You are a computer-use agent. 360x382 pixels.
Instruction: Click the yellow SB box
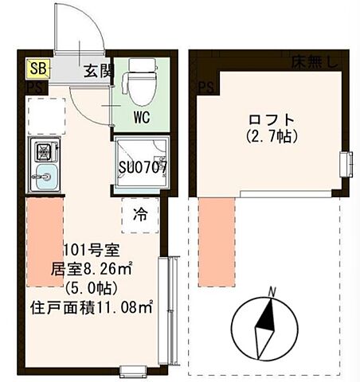tap(37, 68)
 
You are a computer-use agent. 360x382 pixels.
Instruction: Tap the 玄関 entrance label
tap(99, 70)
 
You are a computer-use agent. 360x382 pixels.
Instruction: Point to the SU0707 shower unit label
tap(142, 168)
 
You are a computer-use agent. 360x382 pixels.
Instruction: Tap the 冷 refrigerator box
tap(139, 213)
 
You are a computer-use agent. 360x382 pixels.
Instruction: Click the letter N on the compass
tap(271, 291)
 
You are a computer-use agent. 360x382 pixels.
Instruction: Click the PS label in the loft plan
tap(206, 87)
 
